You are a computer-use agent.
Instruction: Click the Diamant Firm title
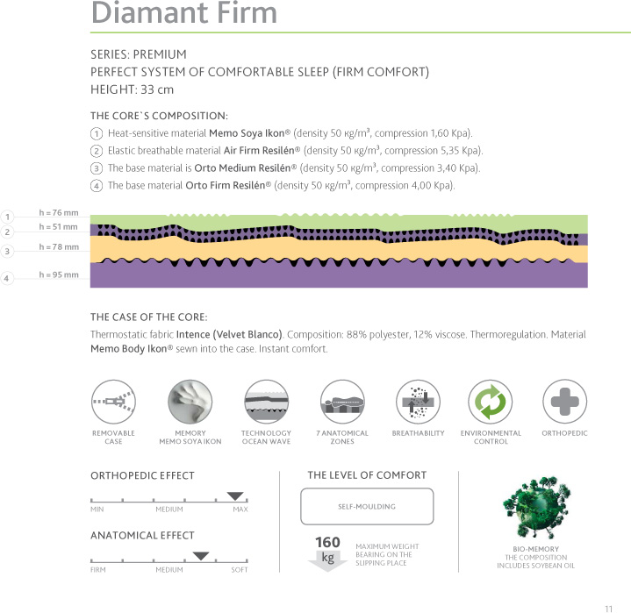click(183, 13)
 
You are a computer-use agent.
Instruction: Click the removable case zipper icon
click(113, 402)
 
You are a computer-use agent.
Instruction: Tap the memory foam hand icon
click(190, 402)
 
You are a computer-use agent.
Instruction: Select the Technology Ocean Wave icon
click(266, 402)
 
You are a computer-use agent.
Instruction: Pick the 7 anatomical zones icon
click(342, 402)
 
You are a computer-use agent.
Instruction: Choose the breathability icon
click(418, 402)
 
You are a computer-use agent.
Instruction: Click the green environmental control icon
click(491, 402)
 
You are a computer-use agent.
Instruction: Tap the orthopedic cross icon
click(565, 402)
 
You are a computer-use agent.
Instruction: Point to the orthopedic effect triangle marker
click(235, 496)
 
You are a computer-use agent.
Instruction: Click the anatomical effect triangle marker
click(201, 556)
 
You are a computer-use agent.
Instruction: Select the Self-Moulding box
click(367, 506)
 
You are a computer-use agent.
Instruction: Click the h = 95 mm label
click(59, 275)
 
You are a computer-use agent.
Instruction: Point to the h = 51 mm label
click(59, 227)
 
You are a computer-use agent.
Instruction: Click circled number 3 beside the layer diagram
click(6, 252)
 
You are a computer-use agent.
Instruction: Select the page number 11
click(608, 607)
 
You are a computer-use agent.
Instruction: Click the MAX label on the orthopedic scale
click(240, 510)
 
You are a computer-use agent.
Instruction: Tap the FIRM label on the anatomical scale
click(97, 570)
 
